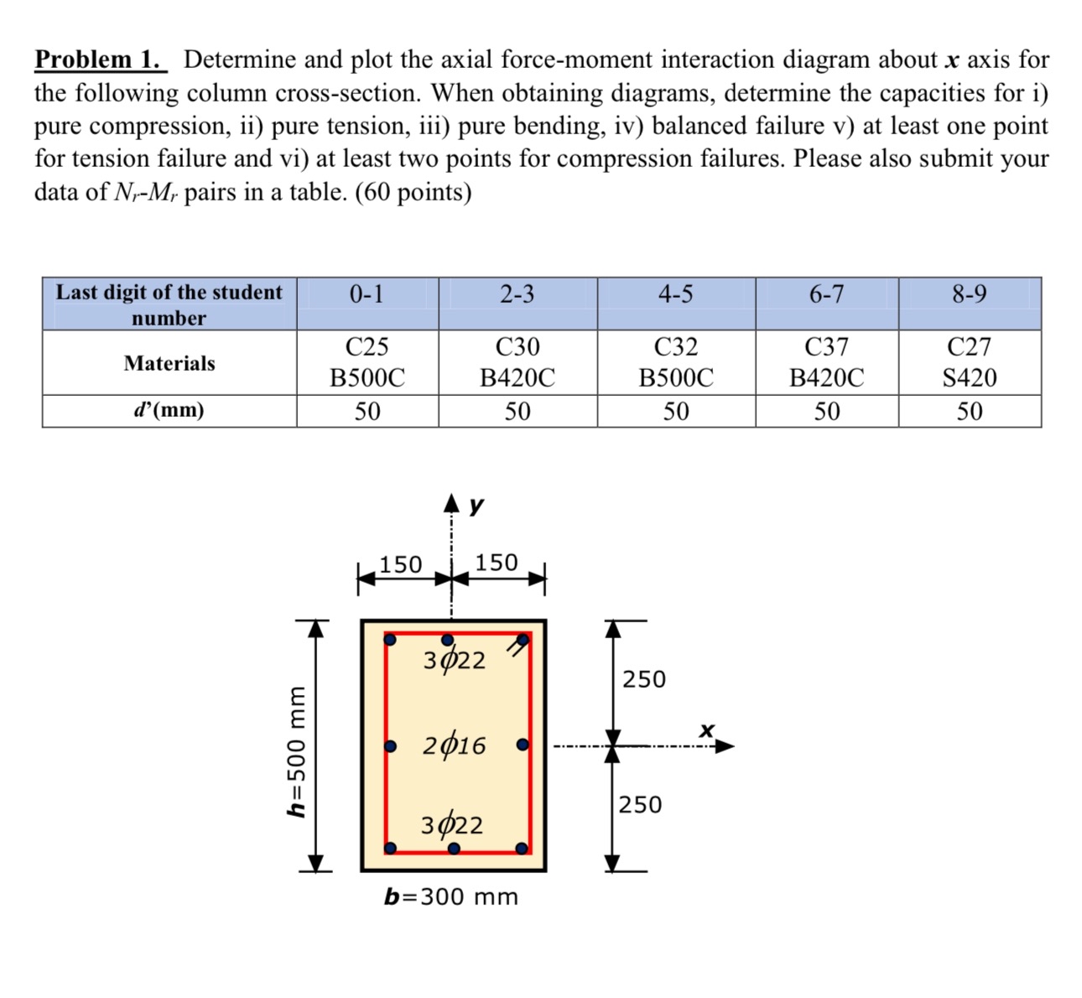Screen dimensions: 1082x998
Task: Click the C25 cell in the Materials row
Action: pos(367,346)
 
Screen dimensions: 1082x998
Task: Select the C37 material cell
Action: pos(826,346)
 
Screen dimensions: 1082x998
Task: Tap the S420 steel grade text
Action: pos(970,378)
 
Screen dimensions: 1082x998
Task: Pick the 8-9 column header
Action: pos(969,294)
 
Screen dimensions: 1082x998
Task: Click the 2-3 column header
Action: pos(517,294)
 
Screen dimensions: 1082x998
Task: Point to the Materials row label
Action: pos(169,363)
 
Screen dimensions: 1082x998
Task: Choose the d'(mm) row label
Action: pos(169,411)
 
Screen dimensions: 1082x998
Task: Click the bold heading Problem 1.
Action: pos(100,60)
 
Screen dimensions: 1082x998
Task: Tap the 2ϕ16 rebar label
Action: pos(454,745)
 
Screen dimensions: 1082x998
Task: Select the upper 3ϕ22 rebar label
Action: pos(454,661)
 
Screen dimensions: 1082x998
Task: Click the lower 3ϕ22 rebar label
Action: pos(452,825)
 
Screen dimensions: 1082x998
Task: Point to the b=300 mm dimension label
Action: pos(451,897)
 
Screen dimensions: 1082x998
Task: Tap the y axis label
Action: pos(476,505)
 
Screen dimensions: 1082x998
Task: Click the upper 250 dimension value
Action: pos(644,678)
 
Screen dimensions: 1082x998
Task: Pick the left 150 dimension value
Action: pos(401,564)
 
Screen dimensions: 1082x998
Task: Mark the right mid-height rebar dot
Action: pos(523,745)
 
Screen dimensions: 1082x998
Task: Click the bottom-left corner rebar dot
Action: pos(390,848)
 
